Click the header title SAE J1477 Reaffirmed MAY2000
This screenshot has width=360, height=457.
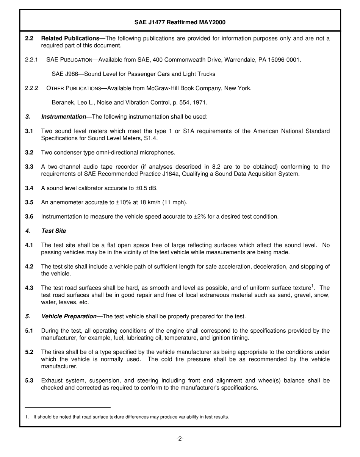[180, 22]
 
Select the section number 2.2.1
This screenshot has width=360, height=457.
[32, 60]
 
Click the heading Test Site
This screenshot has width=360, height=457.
[53, 231]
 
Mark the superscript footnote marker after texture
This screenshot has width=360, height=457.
[312, 286]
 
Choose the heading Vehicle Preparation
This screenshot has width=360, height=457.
[69, 316]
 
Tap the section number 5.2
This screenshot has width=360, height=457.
[29, 352]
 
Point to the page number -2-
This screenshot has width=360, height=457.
[180, 439]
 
